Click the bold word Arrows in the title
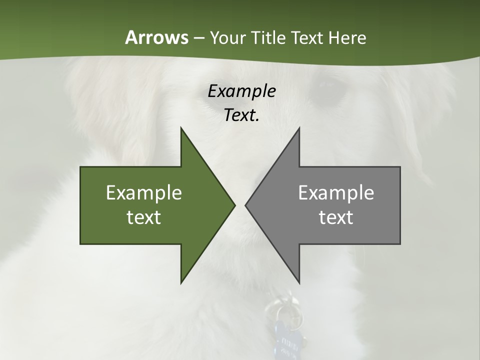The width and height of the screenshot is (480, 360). [156, 37]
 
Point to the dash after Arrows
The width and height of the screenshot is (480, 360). [198, 38]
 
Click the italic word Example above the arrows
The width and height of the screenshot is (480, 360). [241, 91]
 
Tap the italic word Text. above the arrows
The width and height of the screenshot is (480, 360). [241, 115]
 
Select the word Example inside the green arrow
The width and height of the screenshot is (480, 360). [144, 192]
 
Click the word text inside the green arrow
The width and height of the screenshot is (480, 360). [144, 217]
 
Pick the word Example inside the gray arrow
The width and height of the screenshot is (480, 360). [336, 192]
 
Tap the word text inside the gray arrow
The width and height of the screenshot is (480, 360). [336, 217]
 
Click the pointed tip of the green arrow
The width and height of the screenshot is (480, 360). [234, 205]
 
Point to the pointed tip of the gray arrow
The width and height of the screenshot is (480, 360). [245, 205]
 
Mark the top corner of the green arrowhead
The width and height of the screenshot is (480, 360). [181, 128]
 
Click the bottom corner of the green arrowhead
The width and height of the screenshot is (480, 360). [181, 282]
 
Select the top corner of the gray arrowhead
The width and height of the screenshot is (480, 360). [299, 128]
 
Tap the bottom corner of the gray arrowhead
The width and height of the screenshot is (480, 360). [299, 282]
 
